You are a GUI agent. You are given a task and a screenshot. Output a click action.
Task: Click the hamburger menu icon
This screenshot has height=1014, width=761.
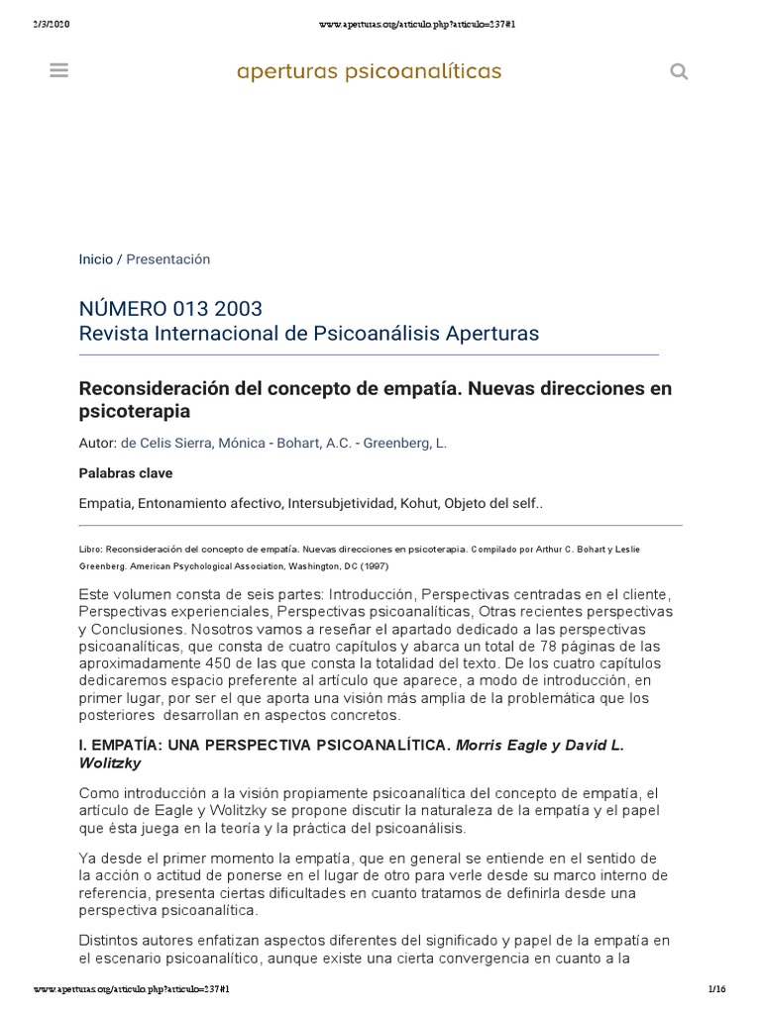[x=58, y=70]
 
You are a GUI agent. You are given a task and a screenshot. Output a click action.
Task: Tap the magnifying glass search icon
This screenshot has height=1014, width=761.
[x=679, y=71]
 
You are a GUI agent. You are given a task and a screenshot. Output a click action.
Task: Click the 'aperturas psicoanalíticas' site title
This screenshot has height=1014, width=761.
[x=369, y=71]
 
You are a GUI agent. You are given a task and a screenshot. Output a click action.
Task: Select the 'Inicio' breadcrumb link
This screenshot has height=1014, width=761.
[x=96, y=258]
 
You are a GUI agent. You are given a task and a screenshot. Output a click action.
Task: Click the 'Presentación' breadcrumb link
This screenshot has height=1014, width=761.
[x=168, y=258]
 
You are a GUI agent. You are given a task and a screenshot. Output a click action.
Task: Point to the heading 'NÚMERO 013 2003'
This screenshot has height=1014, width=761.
[x=170, y=309]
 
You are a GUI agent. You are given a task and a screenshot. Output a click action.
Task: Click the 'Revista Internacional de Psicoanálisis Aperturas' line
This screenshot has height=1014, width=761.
[x=309, y=333]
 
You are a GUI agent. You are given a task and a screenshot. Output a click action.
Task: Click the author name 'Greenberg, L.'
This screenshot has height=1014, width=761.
[x=404, y=443]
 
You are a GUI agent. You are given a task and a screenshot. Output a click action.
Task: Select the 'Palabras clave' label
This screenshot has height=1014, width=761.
[x=120, y=473]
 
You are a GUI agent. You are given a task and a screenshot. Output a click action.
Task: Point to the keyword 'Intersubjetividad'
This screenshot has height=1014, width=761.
[x=341, y=503]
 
